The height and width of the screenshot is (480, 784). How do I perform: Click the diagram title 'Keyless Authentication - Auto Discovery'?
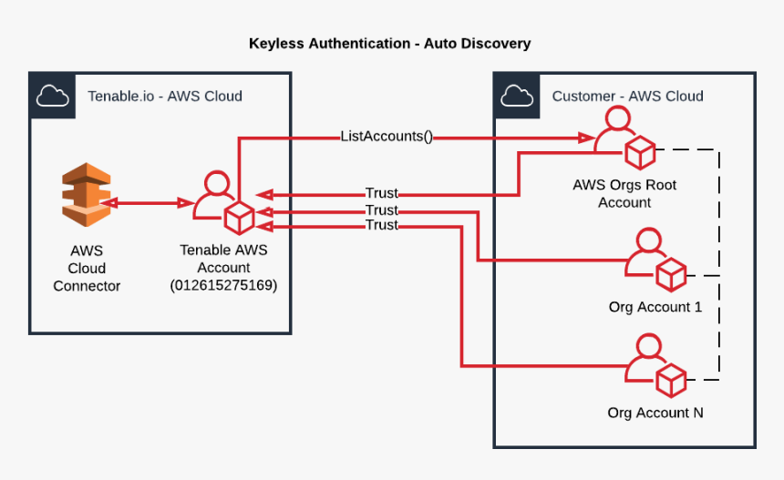pyautogui.click(x=389, y=44)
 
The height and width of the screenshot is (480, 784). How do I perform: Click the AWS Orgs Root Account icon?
pyautogui.click(x=624, y=138)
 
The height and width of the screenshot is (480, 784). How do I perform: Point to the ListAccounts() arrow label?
pyautogui.click(x=387, y=137)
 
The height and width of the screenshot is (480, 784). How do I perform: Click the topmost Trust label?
pyautogui.click(x=381, y=193)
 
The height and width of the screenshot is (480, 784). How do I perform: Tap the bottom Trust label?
pyautogui.click(x=381, y=225)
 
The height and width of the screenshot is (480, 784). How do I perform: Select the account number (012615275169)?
pyautogui.click(x=223, y=285)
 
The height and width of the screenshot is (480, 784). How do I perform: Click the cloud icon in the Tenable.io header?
pyautogui.click(x=52, y=95)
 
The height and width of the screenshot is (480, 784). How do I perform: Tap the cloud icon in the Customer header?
pyautogui.click(x=516, y=95)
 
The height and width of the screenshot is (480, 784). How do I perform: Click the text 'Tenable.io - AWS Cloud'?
pyautogui.click(x=165, y=96)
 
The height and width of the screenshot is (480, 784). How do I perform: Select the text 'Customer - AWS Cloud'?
pyautogui.click(x=627, y=96)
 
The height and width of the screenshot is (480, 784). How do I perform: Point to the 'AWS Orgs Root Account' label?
pyautogui.click(x=624, y=193)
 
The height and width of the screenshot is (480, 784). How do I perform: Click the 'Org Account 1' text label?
pyautogui.click(x=655, y=307)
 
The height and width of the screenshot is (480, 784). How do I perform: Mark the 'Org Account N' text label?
pyautogui.click(x=655, y=413)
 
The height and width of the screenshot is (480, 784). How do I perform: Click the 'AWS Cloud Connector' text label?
pyautogui.click(x=87, y=268)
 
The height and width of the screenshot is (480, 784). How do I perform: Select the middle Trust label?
pyautogui.click(x=381, y=210)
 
